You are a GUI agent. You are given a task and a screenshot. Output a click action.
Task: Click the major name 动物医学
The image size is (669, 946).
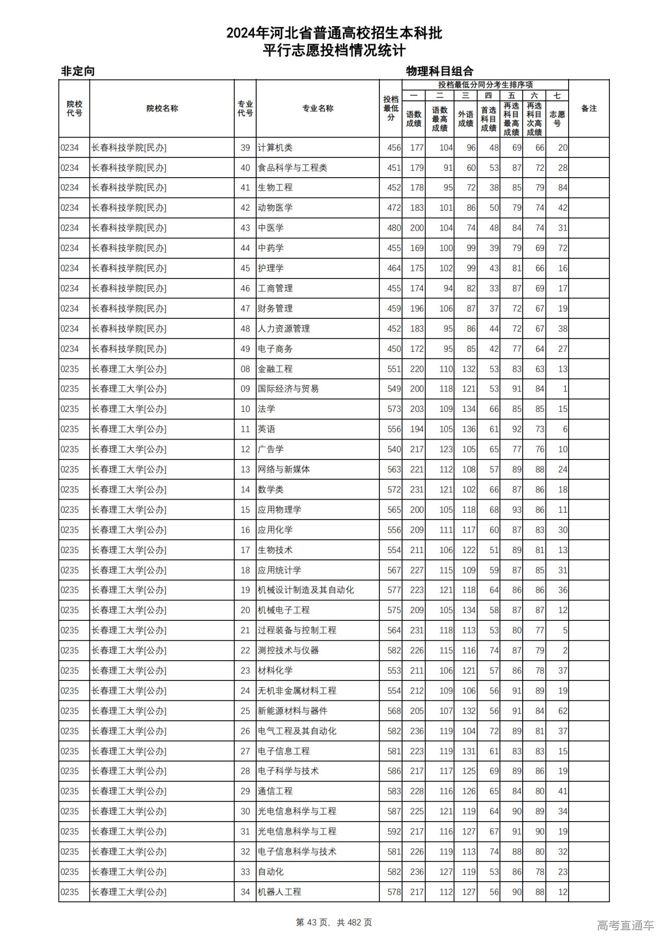point(275,208)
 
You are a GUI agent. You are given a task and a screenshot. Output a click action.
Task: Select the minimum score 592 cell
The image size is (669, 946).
point(394,832)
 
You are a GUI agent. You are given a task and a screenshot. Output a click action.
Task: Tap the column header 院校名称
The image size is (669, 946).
point(162,109)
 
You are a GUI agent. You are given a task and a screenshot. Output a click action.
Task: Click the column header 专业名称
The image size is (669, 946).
point(317,109)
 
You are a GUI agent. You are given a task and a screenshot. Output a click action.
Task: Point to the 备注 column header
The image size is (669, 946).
point(589,109)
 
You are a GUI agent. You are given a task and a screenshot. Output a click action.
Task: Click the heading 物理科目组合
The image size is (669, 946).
point(440,71)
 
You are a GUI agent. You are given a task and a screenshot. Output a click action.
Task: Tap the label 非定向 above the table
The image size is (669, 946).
point(78,71)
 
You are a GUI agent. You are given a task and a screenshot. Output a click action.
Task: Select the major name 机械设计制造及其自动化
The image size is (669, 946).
point(305,590)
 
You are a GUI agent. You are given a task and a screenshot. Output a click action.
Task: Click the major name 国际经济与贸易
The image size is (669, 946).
point(288,389)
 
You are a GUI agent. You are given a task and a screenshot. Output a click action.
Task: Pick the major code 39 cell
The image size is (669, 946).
point(245,148)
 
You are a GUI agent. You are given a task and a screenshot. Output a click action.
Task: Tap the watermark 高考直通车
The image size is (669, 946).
point(625,925)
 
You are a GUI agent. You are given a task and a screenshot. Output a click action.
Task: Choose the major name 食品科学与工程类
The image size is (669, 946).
point(292,168)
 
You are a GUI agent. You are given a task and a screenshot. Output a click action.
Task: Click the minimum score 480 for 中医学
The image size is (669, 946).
point(394,228)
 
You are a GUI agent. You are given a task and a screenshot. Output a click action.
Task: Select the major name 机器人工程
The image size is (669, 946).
point(279,892)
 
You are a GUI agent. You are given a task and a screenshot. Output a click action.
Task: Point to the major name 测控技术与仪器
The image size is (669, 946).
point(288,651)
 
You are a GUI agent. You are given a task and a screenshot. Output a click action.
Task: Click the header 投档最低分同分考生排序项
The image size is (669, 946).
point(485,85)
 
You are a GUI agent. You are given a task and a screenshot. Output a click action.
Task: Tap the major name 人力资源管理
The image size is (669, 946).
point(284,329)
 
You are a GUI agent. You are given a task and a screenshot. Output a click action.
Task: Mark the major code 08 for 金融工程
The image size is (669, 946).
point(245,369)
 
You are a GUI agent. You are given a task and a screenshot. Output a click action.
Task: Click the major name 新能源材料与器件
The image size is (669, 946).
point(292,711)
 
